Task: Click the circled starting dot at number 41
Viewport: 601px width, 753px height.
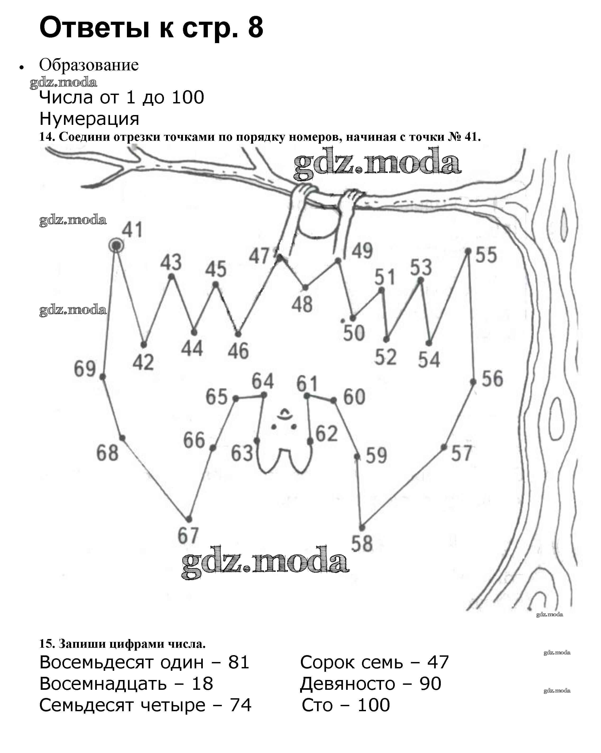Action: (x=116, y=246)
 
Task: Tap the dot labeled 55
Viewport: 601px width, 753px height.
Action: (x=468, y=251)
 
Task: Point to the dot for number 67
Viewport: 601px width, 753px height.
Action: (x=189, y=519)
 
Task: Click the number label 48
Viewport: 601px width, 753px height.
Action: (x=302, y=304)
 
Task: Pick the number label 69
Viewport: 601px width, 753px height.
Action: (x=85, y=369)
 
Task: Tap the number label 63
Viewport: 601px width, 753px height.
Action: (x=242, y=453)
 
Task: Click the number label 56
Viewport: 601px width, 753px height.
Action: (x=492, y=378)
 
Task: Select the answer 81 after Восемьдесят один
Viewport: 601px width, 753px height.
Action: (x=239, y=662)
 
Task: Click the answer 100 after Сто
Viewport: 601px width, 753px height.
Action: (x=374, y=705)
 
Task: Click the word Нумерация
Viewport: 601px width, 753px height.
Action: (x=89, y=119)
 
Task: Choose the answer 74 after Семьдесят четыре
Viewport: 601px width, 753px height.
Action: (x=241, y=705)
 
